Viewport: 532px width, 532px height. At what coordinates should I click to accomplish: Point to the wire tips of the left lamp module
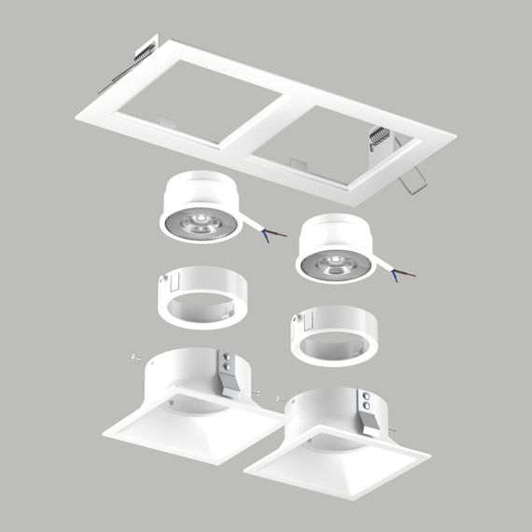[273, 235]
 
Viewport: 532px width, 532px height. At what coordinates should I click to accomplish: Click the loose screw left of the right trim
[280, 398]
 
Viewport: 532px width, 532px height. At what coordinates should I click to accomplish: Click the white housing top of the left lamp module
[201, 188]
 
